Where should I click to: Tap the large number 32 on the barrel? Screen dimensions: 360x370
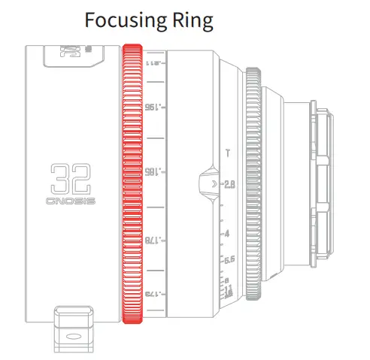coord(71,180)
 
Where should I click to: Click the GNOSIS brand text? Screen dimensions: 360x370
coord(71,202)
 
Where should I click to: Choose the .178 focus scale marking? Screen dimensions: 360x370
coord(155,241)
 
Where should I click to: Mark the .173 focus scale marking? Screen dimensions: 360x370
coord(155,292)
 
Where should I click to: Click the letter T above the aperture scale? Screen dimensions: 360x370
coord(228,155)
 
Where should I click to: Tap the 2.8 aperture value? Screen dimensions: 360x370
coord(230,183)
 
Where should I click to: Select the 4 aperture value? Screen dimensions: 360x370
coord(226,234)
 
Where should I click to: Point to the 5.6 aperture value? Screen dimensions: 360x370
coord(229,259)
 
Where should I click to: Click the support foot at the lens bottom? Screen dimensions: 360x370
coord(76,329)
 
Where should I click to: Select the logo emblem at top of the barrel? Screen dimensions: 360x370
coord(74,54)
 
